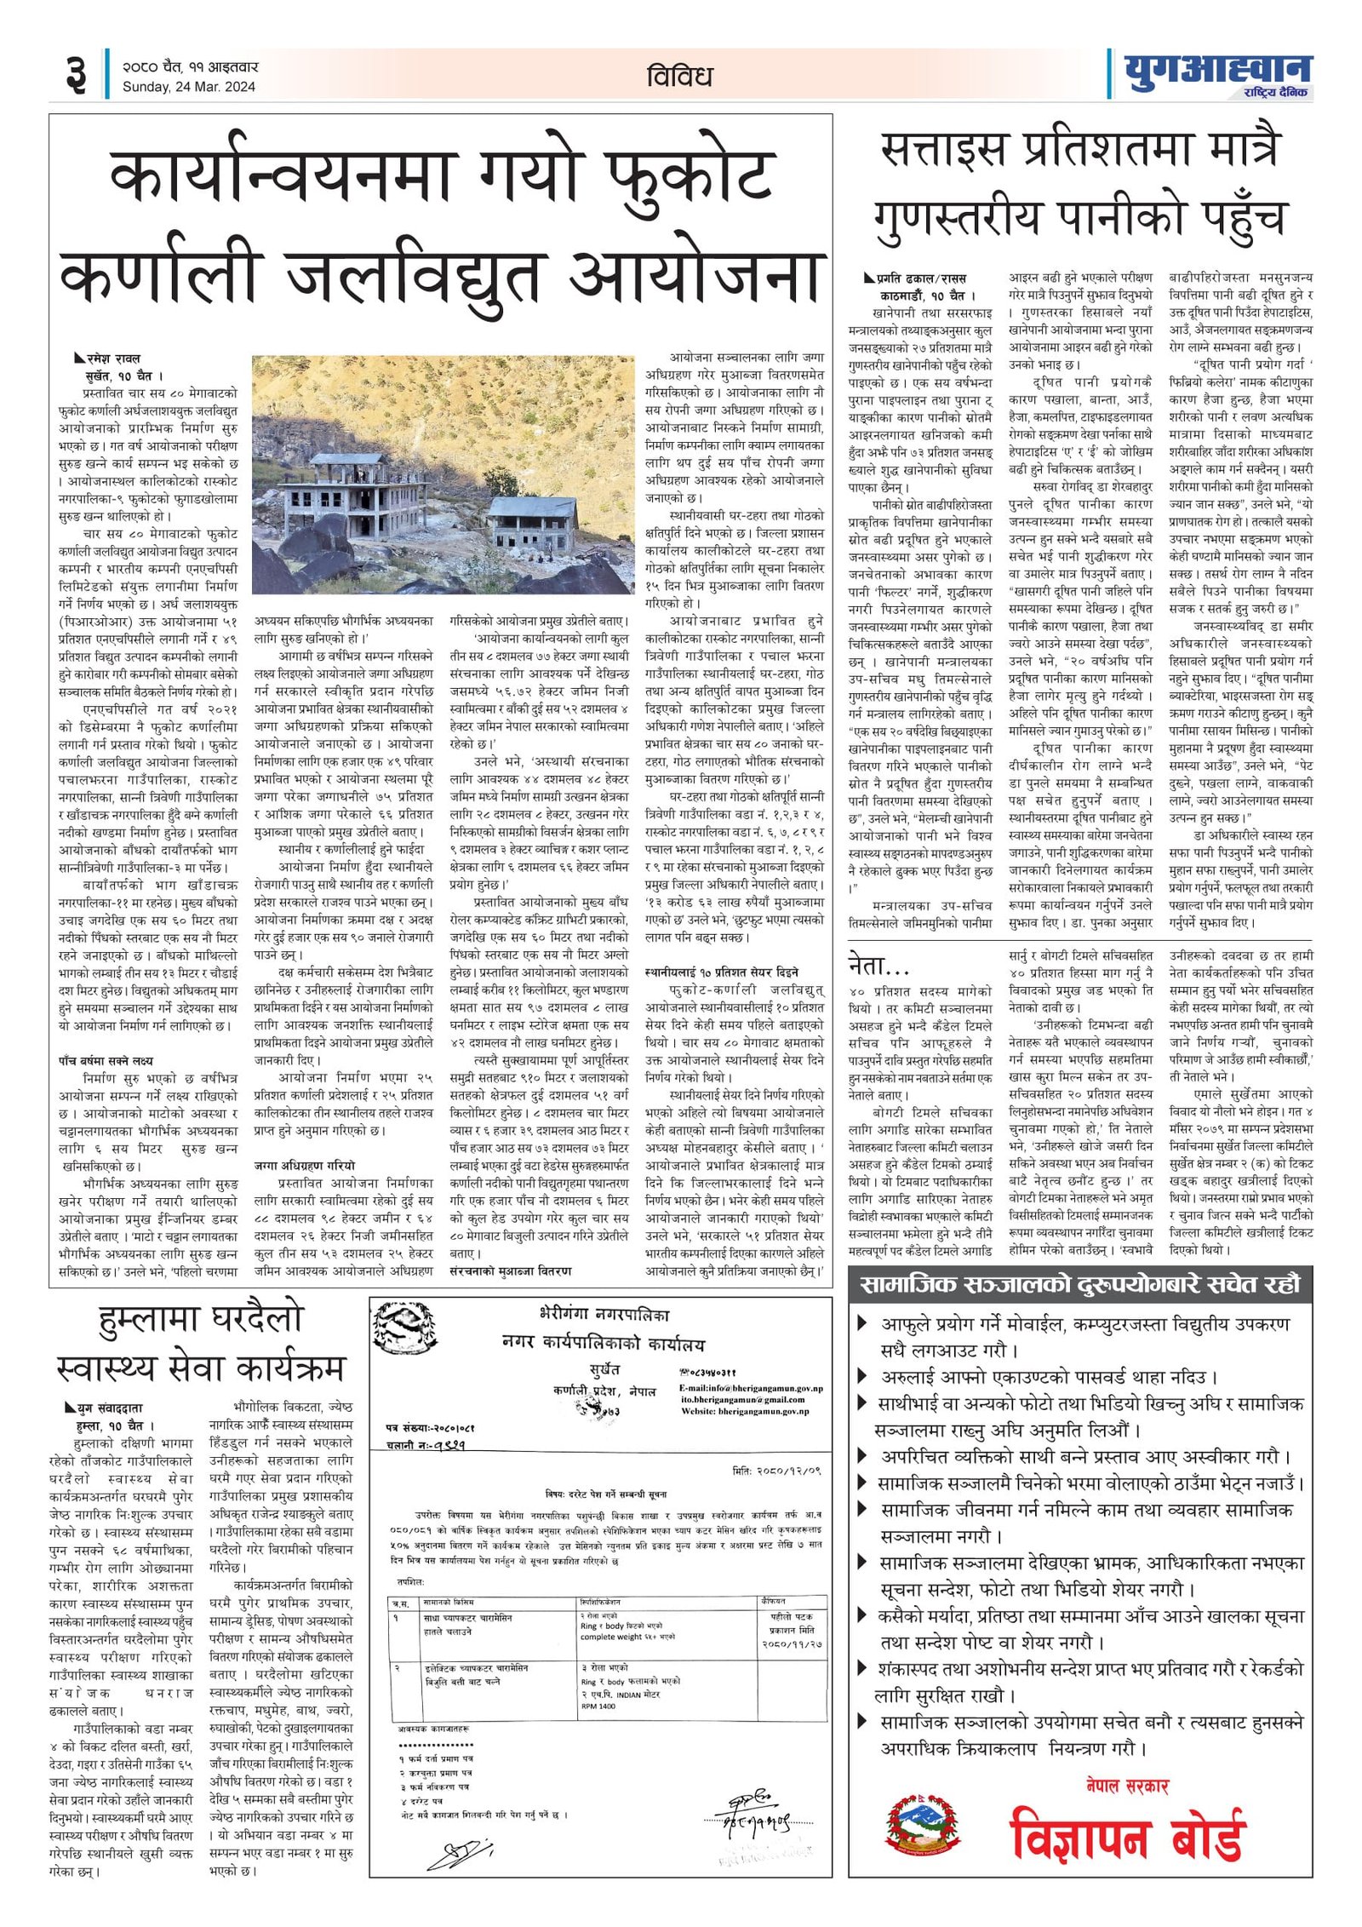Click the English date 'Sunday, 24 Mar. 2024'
[x=188, y=86]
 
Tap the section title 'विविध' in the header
[x=678, y=76]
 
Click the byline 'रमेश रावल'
[x=112, y=358]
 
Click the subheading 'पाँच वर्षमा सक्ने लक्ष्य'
[x=106, y=1060]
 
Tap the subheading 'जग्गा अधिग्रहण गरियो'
[x=304, y=1165]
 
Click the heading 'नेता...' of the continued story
[x=878, y=965]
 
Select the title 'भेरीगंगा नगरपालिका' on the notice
[x=604, y=1314]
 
